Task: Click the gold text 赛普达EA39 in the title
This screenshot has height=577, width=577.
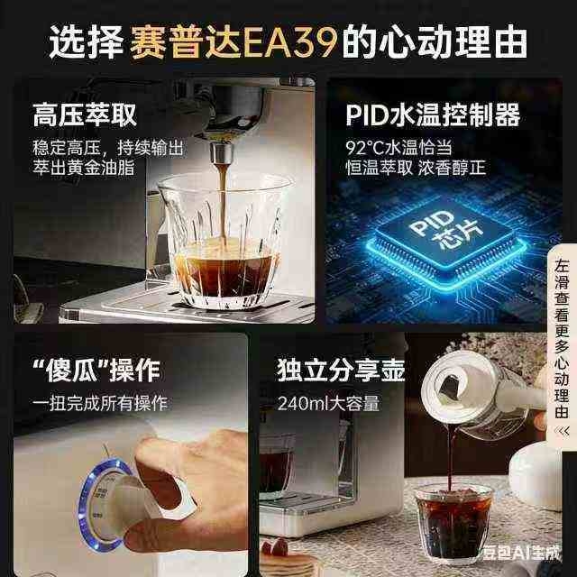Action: [234, 41]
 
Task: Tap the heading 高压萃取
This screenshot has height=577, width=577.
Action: [85, 114]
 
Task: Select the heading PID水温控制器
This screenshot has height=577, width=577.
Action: [433, 114]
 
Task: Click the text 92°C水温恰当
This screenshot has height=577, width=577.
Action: [398, 148]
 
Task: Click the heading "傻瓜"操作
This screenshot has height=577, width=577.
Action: [96, 371]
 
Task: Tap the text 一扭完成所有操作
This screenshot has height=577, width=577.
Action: [100, 403]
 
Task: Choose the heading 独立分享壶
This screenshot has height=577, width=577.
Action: [341, 371]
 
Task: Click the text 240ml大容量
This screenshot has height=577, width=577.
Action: [328, 403]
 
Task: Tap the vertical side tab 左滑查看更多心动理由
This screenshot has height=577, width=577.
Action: [562, 339]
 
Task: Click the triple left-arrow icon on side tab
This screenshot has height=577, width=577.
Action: [562, 431]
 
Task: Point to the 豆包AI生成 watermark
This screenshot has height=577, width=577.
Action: [522, 553]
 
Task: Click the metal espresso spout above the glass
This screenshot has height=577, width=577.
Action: [222, 153]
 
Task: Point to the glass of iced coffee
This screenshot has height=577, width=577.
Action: [453, 523]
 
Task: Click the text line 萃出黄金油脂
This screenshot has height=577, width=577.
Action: [84, 168]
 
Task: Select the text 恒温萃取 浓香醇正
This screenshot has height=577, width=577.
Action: [416, 168]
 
